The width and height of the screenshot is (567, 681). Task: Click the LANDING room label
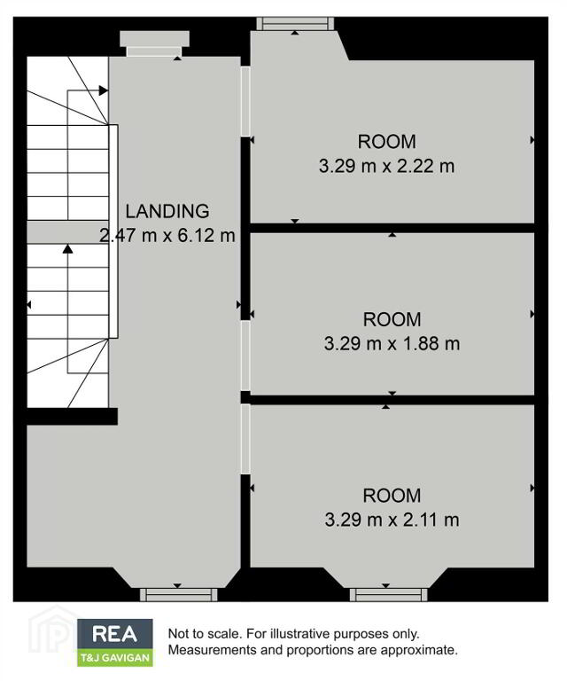[167, 211]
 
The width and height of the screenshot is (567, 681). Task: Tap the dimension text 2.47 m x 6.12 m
[167, 235]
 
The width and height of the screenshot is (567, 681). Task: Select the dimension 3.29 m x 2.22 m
[386, 166]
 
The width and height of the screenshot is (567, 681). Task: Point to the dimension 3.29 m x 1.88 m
[392, 343]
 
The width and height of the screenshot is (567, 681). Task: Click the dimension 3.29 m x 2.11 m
[392, 520]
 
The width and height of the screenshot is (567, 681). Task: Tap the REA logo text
[115, 634]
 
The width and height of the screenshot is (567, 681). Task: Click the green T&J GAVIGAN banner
[115, 658]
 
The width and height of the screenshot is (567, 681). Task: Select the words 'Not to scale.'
[204, 634]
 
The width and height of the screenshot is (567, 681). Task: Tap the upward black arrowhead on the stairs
[67, 249]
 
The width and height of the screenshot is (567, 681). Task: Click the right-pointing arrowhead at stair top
[104, 90]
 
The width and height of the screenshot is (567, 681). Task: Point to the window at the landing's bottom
[178, 595]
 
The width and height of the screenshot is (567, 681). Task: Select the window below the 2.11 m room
[389, 595]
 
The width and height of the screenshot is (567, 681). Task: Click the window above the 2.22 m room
[295, 23]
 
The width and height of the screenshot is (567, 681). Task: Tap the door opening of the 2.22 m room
[245, 101]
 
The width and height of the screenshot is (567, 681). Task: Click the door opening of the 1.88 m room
[245, 356]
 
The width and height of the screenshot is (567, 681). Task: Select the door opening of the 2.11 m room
[245, 439]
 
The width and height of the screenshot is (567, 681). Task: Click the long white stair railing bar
[113, 231]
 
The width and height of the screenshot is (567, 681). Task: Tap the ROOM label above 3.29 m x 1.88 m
[392, 319]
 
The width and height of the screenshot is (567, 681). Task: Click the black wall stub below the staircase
[72, 416]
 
